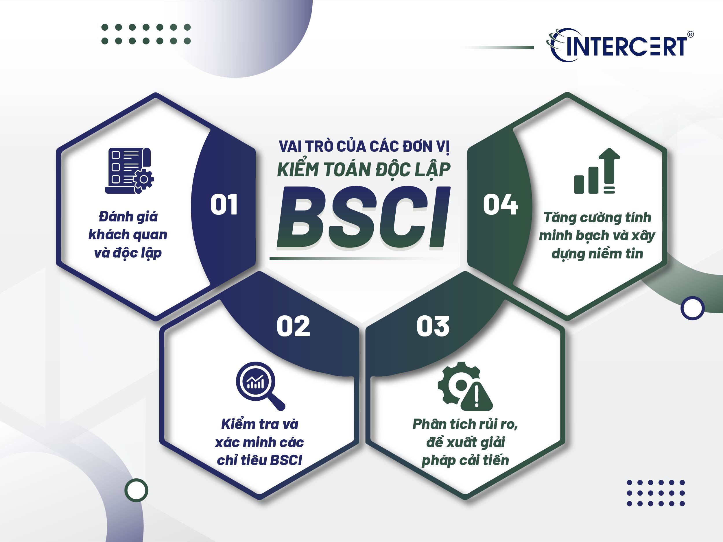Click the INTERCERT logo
pos(619,46)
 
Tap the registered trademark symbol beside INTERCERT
pos(690,34)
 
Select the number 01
pos(224,205)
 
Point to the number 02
pos(293,326)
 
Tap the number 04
pos(500,205)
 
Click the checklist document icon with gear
pos(130,171)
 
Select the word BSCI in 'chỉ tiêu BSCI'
pos(286,460)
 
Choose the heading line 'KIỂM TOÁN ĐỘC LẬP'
pos(364,170)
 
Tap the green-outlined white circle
pos(136,490)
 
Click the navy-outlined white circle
pos(692,308)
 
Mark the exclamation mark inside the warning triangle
pos(477,397)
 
